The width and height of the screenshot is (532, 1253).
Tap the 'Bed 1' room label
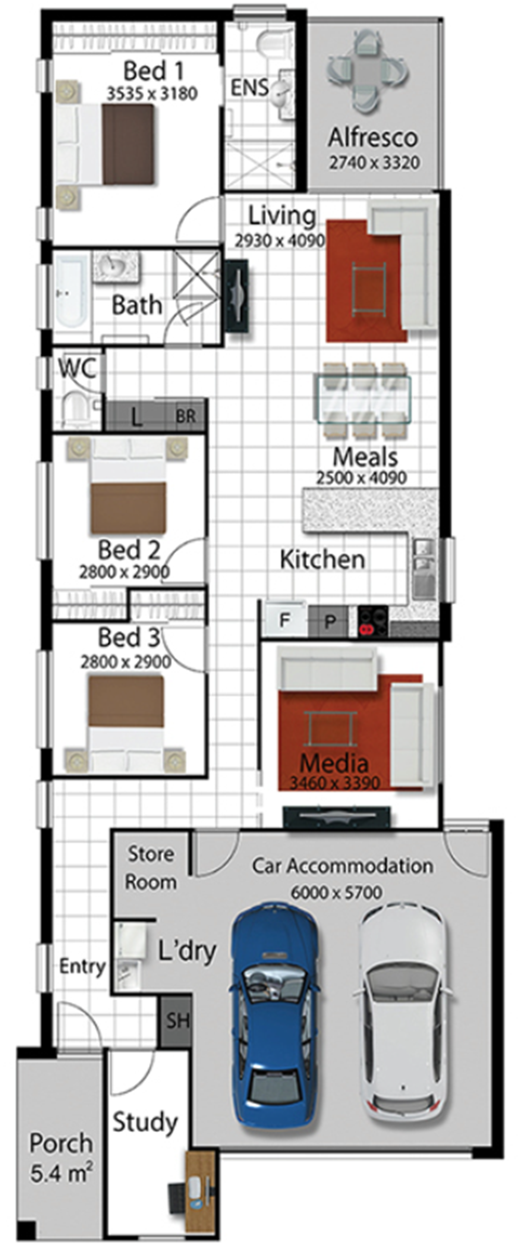pos(154,71)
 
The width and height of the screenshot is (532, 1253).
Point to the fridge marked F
pos(284,620)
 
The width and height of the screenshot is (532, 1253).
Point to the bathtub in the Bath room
pos(71,291)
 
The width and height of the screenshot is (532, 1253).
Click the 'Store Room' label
pos(151,868)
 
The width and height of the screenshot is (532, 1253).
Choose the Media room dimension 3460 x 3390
pos(335,783)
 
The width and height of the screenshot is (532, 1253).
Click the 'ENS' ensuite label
pos(249,88)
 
